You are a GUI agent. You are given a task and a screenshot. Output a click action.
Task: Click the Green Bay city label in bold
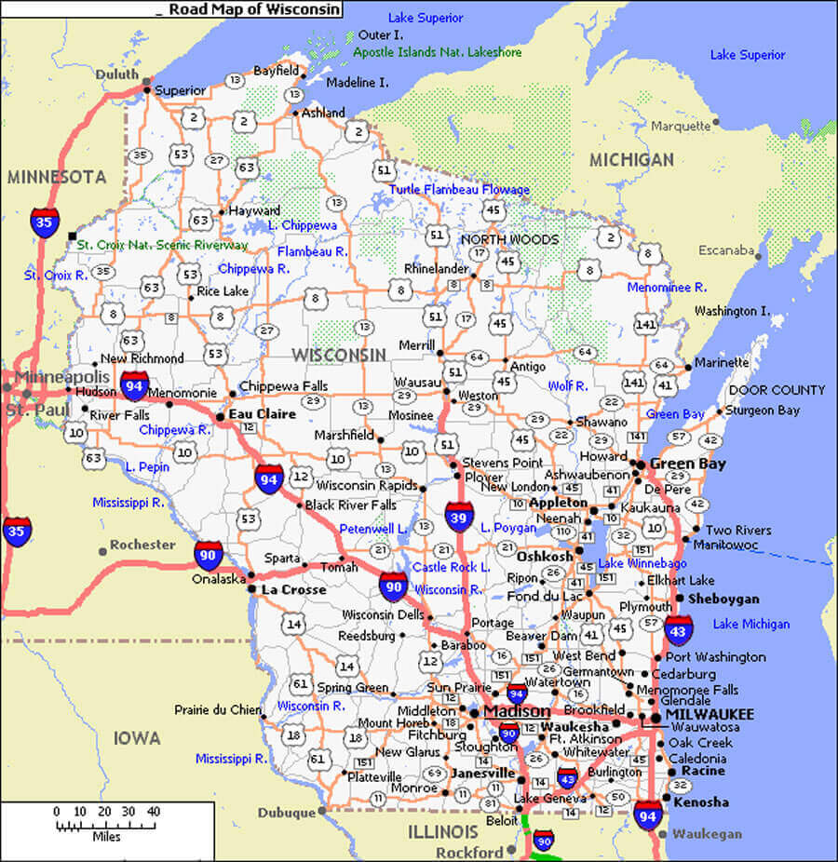[x=688, y=464]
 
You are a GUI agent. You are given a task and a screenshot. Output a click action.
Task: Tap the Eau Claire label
[x=263, y=414]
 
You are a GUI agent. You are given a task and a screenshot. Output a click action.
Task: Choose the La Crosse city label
[x=293, y=589]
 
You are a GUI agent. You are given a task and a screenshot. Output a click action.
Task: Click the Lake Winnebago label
[x=642, y=563]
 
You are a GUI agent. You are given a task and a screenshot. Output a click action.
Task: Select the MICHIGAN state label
[x=631, y=160]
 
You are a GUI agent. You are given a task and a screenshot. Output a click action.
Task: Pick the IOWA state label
[x=137, y=738]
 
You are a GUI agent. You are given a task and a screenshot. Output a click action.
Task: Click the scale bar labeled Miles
[x=106, y=824]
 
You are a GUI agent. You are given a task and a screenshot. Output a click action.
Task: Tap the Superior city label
[x=180, y=90]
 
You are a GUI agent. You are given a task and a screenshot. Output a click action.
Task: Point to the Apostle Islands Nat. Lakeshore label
[x=437, y=52]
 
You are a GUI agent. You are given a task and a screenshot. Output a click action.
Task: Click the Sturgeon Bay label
[x=763, y=410]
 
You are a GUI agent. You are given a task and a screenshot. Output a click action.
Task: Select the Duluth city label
[x=116, y=74]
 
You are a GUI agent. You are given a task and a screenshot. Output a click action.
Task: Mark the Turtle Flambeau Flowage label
[x=459, y=189]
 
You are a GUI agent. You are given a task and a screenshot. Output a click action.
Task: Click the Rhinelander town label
[x=436, y=269]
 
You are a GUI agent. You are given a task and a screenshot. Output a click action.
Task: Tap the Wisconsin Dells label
[x=382, y=614]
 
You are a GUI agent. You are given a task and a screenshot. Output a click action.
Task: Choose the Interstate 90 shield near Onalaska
[x=208, y=555]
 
